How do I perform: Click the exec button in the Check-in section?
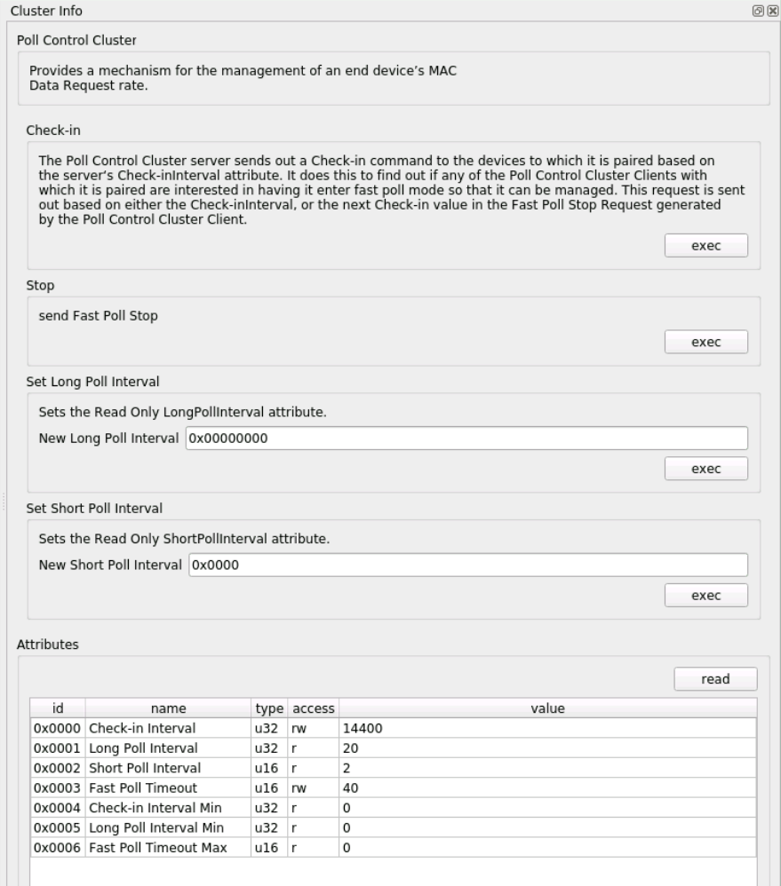coord(705,246)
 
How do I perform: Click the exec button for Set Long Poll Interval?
coord(705,468)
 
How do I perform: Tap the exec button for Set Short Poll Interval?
coord(705,595)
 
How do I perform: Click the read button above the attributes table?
coord(715,679)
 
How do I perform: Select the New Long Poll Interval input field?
coord(466,439)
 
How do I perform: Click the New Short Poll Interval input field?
coord(467,566)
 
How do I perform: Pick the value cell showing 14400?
coord(546,728)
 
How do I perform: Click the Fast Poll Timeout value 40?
coord(546,788)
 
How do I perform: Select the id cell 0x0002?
coord(58,768)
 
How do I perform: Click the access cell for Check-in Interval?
coord(313,728)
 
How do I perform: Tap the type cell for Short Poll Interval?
coord(269,768)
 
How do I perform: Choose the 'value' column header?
coord(546,708)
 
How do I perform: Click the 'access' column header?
coord(313,708)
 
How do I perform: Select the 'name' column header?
coord(168,708)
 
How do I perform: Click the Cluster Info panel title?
coord(42,9)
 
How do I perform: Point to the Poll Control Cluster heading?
coord(77,40)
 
